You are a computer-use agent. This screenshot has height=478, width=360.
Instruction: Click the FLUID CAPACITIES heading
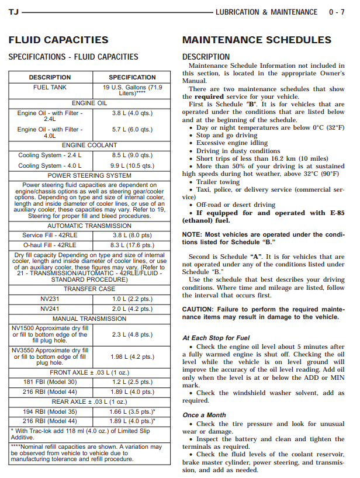click(58, 40)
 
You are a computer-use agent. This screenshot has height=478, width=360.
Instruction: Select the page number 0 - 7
click(336, 12)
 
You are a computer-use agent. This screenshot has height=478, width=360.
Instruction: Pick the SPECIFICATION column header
click(132, 77)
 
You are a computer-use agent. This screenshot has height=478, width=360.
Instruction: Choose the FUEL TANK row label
click(50, 88)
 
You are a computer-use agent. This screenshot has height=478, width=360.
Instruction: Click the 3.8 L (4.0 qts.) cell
click(132, 113)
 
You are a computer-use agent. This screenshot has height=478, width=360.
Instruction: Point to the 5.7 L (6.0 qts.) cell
click(132, 130)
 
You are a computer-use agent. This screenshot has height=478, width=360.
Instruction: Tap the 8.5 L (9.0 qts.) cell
click(132, 155)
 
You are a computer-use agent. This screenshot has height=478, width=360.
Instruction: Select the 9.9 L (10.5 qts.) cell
click(132, 166)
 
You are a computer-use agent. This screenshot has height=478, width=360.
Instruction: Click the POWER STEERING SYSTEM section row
click(89, 175)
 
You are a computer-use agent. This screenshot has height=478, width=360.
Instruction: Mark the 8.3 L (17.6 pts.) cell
click(132, 245)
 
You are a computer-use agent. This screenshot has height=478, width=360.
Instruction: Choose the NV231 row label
click(50, 299)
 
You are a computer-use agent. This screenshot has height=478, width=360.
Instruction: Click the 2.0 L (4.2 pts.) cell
click(132, 309)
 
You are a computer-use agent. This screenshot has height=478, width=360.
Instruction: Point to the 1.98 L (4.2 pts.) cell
click(132, 356)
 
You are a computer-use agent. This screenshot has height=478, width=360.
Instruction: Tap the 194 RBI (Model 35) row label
click(50, 411)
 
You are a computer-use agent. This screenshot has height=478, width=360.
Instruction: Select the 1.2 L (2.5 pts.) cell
click(132, 382)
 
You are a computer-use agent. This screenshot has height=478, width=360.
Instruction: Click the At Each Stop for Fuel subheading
click(216, 338)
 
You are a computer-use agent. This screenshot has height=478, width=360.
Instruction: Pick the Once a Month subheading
click(203, 415)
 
